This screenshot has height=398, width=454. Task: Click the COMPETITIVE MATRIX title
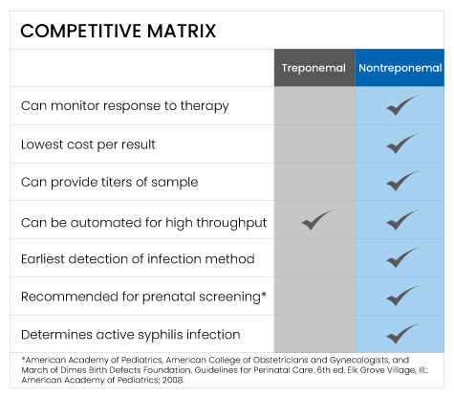coord(118,31)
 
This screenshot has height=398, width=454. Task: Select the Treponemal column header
coord(313,69)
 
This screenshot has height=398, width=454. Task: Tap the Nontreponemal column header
coord(400,69)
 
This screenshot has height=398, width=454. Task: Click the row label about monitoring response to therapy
coord(125,105)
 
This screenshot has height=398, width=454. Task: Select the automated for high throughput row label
coord(143,222)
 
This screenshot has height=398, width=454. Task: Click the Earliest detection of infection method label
coord(138,258)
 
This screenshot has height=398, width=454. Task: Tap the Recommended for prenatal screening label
coord(143,297)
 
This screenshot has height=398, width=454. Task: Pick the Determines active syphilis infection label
coord(130,335)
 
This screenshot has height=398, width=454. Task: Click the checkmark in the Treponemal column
coord(317,220)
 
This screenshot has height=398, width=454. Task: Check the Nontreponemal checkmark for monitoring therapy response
coord(402,105)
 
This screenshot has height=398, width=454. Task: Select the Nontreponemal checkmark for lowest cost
coord(402,144)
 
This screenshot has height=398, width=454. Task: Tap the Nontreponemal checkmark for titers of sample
coord(402,182)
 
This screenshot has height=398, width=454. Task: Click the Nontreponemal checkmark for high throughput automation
coord(402,220)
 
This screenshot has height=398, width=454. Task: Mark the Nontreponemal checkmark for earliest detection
coord(402,258)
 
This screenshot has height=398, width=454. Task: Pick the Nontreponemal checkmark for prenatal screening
coord(402,297)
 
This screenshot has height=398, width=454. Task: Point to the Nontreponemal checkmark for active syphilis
coord(402,335)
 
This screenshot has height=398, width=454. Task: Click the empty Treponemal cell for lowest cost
coord(313,144)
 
